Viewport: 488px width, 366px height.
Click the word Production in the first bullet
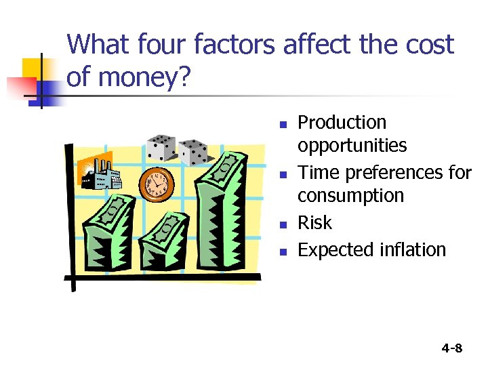point(342,123)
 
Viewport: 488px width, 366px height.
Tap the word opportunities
point(352,146)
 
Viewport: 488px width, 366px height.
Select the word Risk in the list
point(315,223)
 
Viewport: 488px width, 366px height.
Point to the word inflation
point(412,250)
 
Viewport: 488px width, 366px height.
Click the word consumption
point(351,196)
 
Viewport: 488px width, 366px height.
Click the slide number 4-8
point(451,348)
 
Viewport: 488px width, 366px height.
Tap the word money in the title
point(132,77)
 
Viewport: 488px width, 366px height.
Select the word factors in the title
point(235,45)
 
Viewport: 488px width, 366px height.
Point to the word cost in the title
point(428,45)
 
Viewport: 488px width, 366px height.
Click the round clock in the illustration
point(157,182)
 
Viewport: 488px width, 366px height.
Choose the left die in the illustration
point(160,148)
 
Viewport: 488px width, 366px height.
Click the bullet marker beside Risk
point(285,224)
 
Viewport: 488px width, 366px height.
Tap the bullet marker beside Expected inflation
point(285,251)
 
